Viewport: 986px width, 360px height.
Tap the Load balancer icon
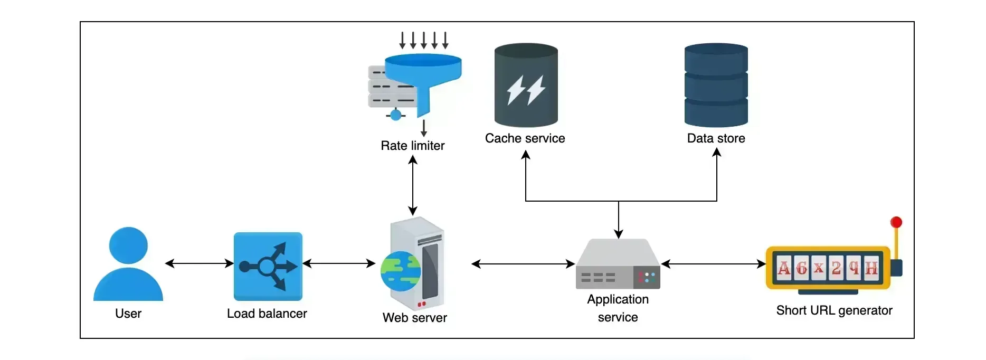click(x=268, y=266)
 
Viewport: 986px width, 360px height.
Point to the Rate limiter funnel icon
click(x=422, y=79)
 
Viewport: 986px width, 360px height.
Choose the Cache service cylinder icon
click(x=526, y=85)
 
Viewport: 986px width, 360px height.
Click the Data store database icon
click(x=716, y=85)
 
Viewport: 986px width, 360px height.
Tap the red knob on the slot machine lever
click(x=896, y=222)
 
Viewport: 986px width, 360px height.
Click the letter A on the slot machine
click(x=784, y=268)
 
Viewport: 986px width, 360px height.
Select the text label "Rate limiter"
click(x=413, y=146)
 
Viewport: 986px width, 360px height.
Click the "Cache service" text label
click(x=525, y=138)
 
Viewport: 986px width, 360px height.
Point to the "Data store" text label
click(x=716, y=138)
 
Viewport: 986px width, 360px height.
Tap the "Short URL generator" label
click(x=834, y=310)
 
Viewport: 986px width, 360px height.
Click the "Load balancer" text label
click(x=267, y=314)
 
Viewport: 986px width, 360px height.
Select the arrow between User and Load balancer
click(x=199, y=263)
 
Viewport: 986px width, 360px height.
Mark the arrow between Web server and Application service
click(x=523, y=264)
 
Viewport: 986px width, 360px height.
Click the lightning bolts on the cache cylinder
click(x=526, y=90)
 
